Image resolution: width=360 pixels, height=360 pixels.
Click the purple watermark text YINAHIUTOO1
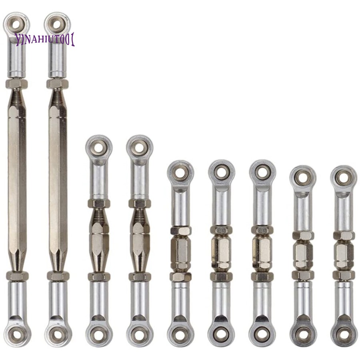pyautogui.click(x=44, y=40)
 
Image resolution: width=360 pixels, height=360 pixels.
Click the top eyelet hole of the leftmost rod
pyautogui.click(x=16, y=24)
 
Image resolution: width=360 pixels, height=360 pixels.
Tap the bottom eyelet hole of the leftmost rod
pyautogui.click(x=17, y=334)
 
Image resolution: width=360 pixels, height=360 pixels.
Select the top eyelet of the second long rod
pyautogui.click(x=57, y=24)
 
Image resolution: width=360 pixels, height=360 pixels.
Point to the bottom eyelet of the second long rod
pyautogui.click(x=58, y=334)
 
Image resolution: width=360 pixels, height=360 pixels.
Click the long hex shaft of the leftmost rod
pyautogui.click(x=17, y=180)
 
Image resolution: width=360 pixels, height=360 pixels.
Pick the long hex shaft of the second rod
pyautogui.click(x=58, y=180)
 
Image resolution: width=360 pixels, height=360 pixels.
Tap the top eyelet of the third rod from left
pyautogui.click(x=98, y=147)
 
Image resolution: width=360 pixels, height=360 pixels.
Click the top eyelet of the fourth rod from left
pyautogui.click(x=140, y=147)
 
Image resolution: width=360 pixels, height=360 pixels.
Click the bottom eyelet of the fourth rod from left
pyautogui.click(x=140, y=334)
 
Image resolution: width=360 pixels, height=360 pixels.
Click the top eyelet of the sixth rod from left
pyautogui.click(x=221, y=172)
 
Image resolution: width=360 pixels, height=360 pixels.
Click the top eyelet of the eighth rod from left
pyautogui.click(x=303, y=177)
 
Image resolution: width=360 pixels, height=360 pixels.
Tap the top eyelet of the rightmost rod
pyautogui.click(x=344, y=177)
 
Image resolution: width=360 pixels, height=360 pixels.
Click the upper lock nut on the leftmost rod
pyautogui.click(x=17, y=84)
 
